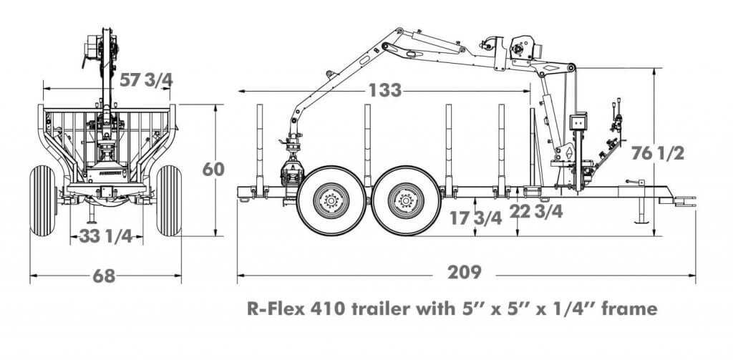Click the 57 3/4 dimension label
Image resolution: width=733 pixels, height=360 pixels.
(x=147, y=80)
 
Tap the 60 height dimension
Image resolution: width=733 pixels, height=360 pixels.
(x=214, y=169)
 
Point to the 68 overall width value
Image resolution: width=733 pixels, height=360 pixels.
(x=104, y=276)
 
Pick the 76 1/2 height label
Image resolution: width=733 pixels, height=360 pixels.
(x=659, y=153)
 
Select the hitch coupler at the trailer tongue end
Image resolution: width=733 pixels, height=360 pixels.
(x=686, y=201)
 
